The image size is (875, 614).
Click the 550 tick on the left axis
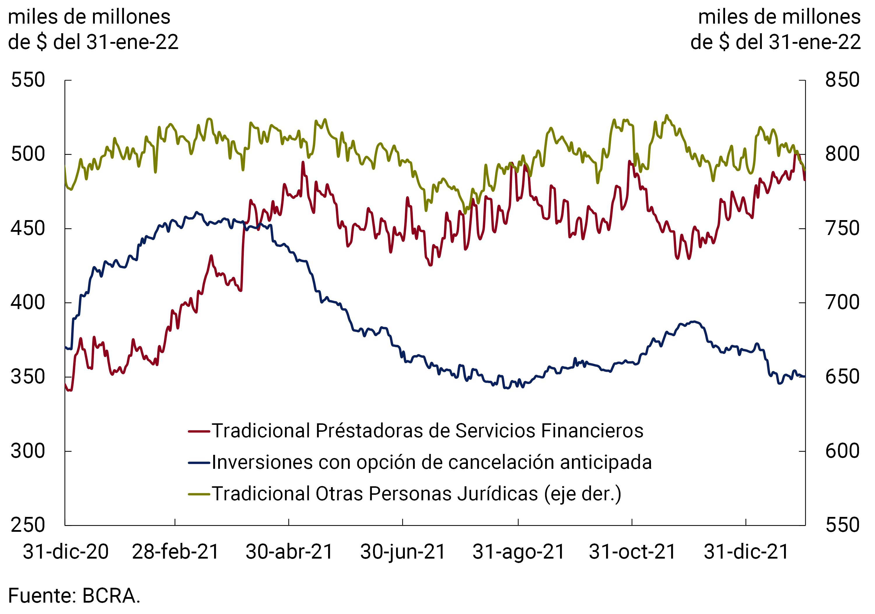point(28,80)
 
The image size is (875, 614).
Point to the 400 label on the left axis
point(28,303)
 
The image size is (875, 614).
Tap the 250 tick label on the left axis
point(28,525)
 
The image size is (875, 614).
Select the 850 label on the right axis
point(842,80)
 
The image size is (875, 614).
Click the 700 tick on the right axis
point(842,303)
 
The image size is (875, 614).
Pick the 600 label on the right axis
point(842,451)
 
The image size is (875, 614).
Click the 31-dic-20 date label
point(66,552)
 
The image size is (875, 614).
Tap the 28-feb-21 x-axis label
point(175,552)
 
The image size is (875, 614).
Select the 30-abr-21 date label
point(289,552)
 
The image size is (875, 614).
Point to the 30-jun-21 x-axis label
point(403,552)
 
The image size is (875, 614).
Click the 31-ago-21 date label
point(518,552)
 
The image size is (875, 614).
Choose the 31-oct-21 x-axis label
point(632,552)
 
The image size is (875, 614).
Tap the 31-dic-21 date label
point(746,552)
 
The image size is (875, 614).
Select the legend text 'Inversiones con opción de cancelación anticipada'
point(432,463)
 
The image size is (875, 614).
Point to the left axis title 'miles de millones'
point(89,17)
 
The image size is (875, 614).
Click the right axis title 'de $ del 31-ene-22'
point(776,42)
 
